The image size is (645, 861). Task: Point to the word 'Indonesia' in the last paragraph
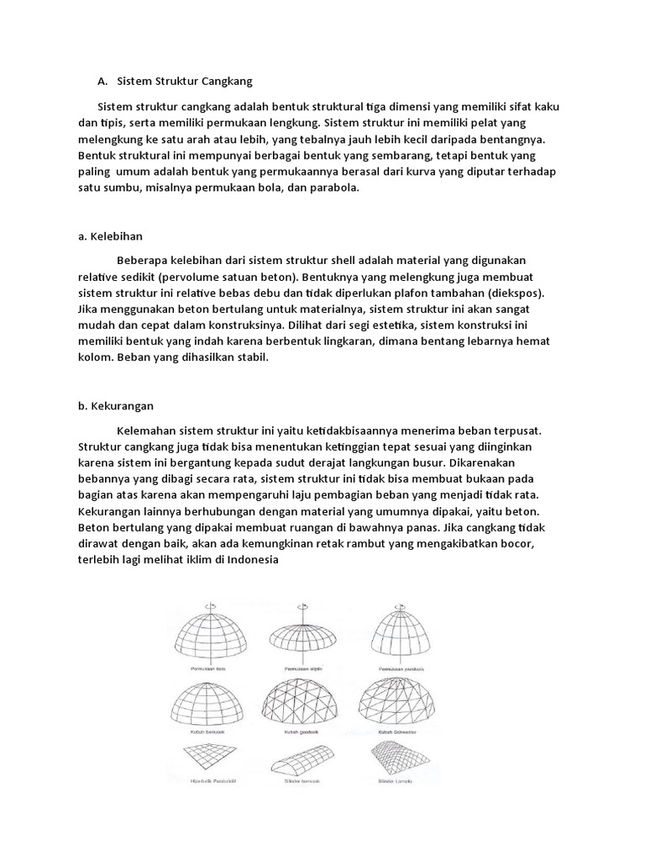click(251, 560)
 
